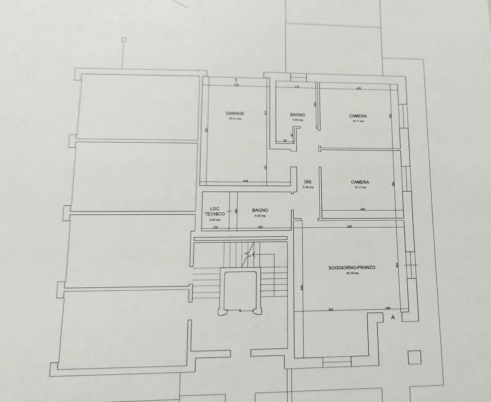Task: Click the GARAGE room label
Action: [235, 113]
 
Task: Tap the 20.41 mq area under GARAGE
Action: [235, 119]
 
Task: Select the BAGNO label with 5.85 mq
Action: [297, 115]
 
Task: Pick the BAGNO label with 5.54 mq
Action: [260, 210]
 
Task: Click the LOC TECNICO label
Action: [215, 211]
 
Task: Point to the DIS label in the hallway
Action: [307, 182]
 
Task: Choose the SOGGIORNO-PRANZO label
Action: [352, 268]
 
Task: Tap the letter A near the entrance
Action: [393, 317]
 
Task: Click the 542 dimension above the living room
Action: [349, 227]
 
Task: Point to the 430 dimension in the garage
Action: [245, 181]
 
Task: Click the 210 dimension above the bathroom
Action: [297, 87]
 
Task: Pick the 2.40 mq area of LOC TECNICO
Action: [214, 219]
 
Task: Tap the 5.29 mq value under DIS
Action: [308, 187]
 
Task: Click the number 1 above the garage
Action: [236, 80]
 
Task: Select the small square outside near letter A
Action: [414, 357]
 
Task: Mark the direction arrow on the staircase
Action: [249, 254]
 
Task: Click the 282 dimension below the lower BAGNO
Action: [261, 227]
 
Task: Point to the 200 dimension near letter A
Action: [388, 308]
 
